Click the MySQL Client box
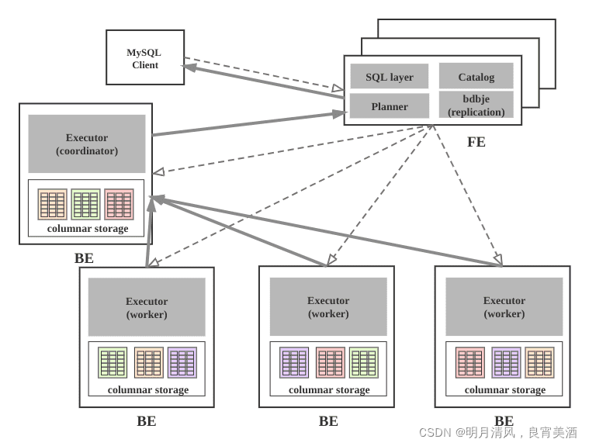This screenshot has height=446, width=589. click(145, 57)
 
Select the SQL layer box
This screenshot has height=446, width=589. click(389, 77)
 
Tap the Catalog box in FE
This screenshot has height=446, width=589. click(476, 76)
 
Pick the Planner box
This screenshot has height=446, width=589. click(389, 106)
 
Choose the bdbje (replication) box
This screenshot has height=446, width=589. click(476, 105)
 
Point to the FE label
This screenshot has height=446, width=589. click(476, 142)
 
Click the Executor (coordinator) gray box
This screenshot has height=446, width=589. click(87, 143)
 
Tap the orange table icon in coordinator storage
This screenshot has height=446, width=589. click(52, 204)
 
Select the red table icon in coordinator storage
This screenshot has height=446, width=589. click(119, 204)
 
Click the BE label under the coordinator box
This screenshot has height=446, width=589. click(84, 258)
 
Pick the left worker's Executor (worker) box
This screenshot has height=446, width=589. click(147, 307)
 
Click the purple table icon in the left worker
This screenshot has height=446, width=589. click(182, 362)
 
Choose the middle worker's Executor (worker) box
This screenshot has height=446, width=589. click(328, 306)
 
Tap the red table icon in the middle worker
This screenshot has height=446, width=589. click(330, 362)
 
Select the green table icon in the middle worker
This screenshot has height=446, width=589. click(364, 362)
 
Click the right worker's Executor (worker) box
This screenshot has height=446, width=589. click(504, 306)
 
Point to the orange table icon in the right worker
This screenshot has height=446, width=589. click(539, 362)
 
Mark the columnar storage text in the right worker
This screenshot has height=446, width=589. click(504, 389)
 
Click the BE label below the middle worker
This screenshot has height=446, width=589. click(328, 421)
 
